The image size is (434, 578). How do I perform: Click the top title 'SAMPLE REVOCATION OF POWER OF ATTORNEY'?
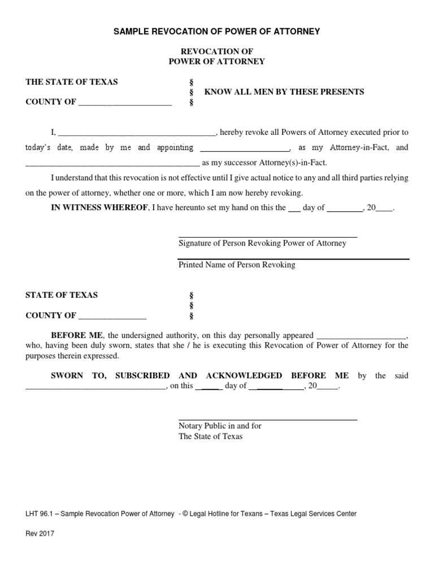216,32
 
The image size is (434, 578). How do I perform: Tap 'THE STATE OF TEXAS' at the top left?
72,82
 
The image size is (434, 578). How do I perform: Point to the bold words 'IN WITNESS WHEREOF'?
99,207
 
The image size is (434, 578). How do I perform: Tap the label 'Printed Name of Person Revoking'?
237,264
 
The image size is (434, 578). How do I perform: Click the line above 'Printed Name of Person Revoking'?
294,259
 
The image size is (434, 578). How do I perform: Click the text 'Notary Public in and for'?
220,426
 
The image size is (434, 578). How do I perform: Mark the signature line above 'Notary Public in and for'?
268,419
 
